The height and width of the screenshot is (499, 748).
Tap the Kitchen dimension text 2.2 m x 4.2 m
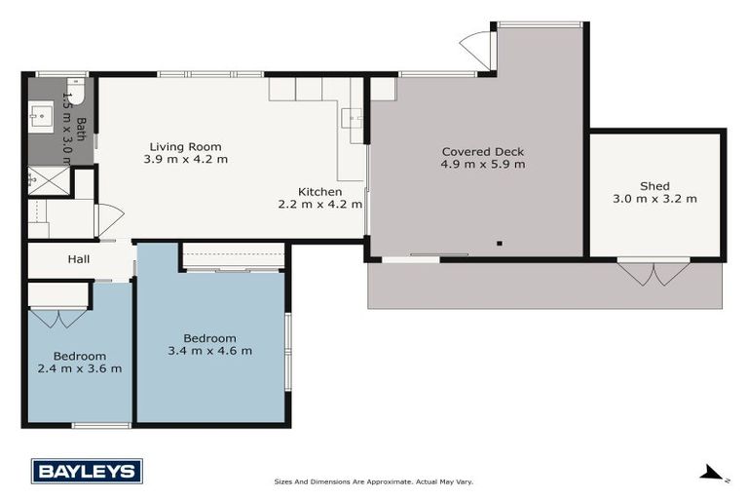320,205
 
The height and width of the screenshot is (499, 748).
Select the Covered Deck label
483,151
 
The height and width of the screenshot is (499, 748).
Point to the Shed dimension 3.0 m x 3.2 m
654,199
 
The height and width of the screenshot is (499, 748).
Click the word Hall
79,259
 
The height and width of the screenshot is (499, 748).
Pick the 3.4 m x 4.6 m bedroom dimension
210,351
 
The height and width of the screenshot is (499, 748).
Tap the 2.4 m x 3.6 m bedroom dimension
80,368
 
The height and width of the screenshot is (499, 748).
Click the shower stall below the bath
44,179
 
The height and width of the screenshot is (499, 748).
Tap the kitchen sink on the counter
353,121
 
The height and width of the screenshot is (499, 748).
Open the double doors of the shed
654,272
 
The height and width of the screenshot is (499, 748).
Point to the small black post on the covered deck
499,243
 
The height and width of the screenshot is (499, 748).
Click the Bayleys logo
87,471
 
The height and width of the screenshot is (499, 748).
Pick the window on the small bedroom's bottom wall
101,425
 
